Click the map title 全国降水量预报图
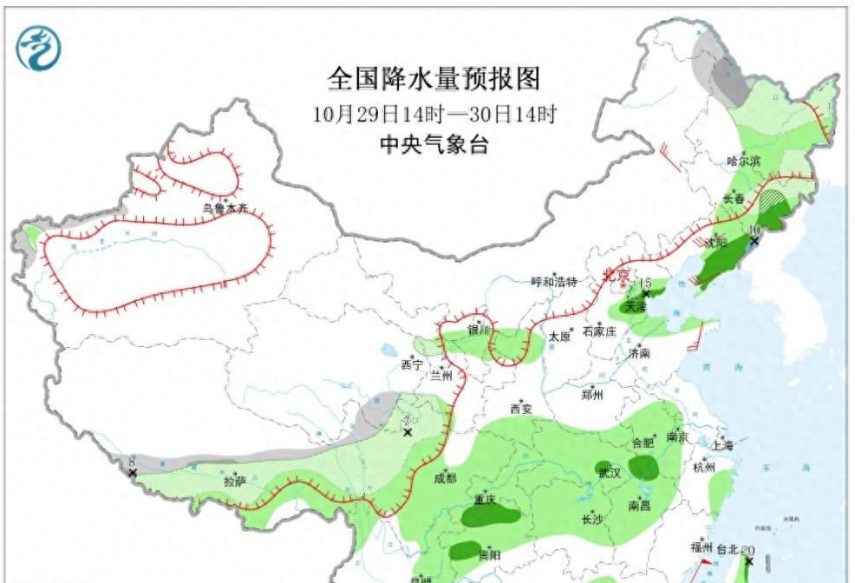[433, 80]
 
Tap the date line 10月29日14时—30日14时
[434, 114]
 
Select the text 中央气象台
[434, 145]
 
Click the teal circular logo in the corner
[39, 46]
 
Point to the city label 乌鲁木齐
[225, 208]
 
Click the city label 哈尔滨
[743, 161]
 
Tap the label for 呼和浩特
[553, 282]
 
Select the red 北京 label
[616, 276]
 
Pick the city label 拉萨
[235, 481]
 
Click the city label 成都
[444, 477]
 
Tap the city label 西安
[520, 409]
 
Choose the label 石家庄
[598, 331]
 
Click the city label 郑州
[591, 394]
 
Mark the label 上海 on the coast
[721, 445]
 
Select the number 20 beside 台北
[748, 550]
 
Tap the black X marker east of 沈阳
[754, 240]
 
